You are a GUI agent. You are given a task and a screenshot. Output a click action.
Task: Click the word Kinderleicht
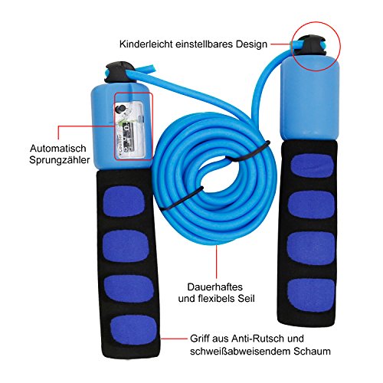146,44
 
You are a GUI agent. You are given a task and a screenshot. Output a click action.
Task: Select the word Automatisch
58,149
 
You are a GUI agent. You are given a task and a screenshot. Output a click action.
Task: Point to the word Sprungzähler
60,160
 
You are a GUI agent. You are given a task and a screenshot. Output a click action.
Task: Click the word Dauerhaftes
215,287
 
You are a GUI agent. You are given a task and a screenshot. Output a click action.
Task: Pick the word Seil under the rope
246,298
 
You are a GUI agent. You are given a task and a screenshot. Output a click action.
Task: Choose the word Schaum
312,351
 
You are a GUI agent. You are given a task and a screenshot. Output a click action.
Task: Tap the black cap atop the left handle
119,72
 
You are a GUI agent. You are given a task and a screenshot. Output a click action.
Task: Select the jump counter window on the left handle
129,129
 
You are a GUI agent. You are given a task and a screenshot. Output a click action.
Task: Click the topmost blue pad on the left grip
123,201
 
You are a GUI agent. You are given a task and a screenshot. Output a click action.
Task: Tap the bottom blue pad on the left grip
133,329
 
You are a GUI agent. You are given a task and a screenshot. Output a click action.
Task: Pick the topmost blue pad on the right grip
313,166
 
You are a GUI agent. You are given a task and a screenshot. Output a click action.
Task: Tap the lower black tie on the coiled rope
182,198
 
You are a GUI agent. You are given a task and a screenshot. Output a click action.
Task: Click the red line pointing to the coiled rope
217,261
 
